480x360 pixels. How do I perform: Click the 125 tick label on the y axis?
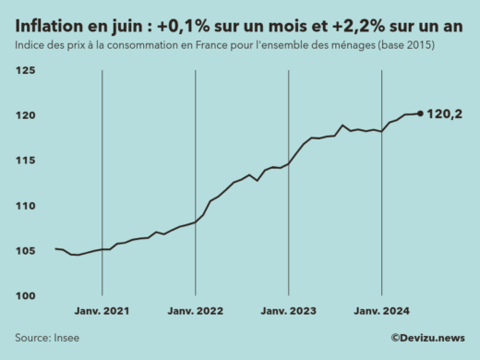[x=25, y=70]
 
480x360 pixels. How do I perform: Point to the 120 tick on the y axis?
[x=25, y=115]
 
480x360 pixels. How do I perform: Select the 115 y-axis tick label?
[x=25, y=161]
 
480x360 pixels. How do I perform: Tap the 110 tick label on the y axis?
[x=25, y=205]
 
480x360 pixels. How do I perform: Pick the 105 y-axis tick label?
[x=25, y=250]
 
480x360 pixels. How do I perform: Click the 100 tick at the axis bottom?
[x=25, y=295]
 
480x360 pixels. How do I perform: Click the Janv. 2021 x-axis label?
[x=102, y=313]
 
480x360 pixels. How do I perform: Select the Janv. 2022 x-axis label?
[x=196, y=313]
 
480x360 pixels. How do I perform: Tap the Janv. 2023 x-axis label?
[x=289, y=313]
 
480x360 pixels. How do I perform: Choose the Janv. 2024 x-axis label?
[x=382, y=313]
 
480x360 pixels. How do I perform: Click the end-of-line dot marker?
[x=421, y=114]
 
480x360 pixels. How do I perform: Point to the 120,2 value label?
[x=446, y=114]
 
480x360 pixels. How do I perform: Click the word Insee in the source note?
[x=65, y=339]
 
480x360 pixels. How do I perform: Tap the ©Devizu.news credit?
[x=427, y=339]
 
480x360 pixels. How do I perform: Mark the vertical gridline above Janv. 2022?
[x=196, y=185]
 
